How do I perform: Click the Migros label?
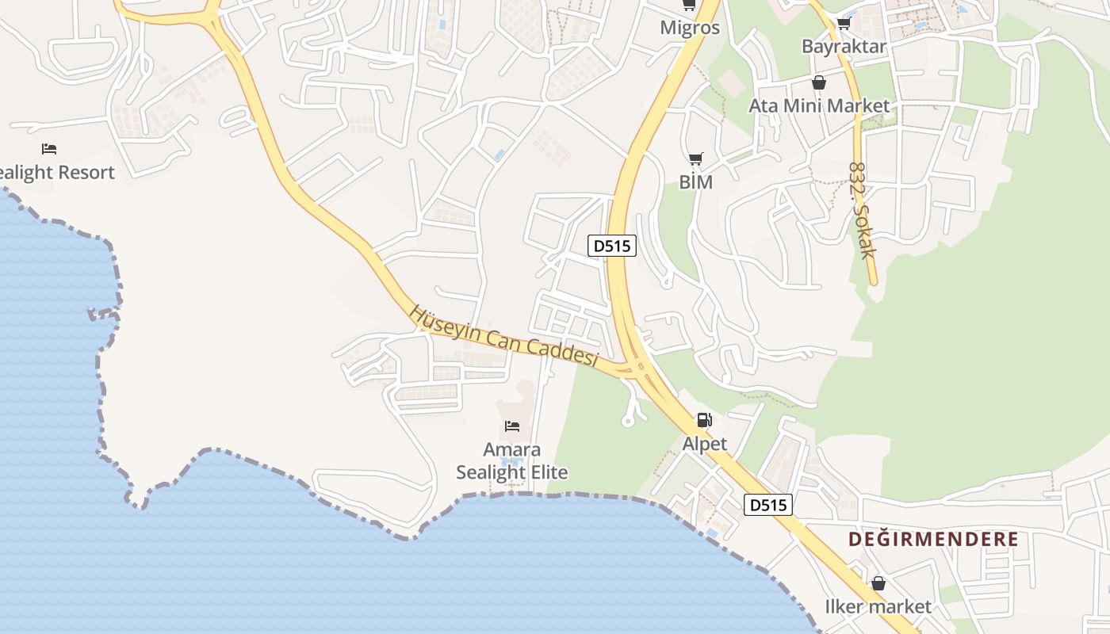[x=690, y=28]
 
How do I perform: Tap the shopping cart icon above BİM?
[x=695, y=159]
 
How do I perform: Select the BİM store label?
[x=696, y=182]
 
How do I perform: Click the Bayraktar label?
[x=844, y=46]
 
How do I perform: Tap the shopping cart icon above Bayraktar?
[x=844, y=23]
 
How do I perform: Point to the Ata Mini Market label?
[x=819, y=105]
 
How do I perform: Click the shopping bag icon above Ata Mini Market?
[x=819, y=82]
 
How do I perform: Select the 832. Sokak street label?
[x=862, y=211]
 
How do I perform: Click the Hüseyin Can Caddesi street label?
[x=503, y=336]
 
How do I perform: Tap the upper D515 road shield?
[x=613, y=246]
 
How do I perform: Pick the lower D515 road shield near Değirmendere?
[x=768, y=504]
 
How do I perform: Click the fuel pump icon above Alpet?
[x=704, y=420]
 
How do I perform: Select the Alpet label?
[x=704, y=444]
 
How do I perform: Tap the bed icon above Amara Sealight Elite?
[x=512, y=426]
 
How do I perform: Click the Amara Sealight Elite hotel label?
[x=512, y=461]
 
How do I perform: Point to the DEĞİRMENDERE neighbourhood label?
[x=933, y=540]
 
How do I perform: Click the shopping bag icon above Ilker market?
[x=878, y=584]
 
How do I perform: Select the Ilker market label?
[x=878, y=607]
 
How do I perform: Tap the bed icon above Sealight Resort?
[x=49, y=149]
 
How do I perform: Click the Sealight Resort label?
[x=55, y=173]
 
